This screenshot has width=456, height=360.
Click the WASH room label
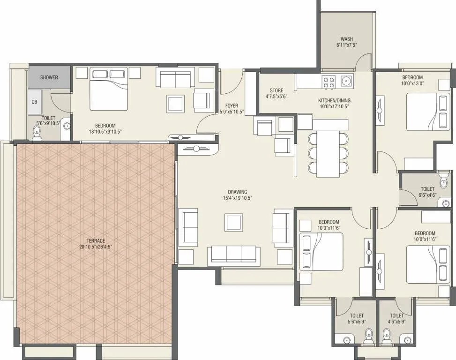tap(347, 39)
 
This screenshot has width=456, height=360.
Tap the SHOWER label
tap(49, 77)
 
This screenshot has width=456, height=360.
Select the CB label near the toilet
tap(34, 102)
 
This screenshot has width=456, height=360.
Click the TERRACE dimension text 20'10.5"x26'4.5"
tap(95, 246)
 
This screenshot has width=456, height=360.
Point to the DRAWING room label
tap(238, 192)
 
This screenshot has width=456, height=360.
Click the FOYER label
tap(232, 105)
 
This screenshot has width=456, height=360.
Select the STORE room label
tap(276, 90)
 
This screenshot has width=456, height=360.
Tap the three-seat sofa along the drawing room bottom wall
tap(233, 255)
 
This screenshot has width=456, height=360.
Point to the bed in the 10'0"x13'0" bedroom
tap(427, 112)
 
